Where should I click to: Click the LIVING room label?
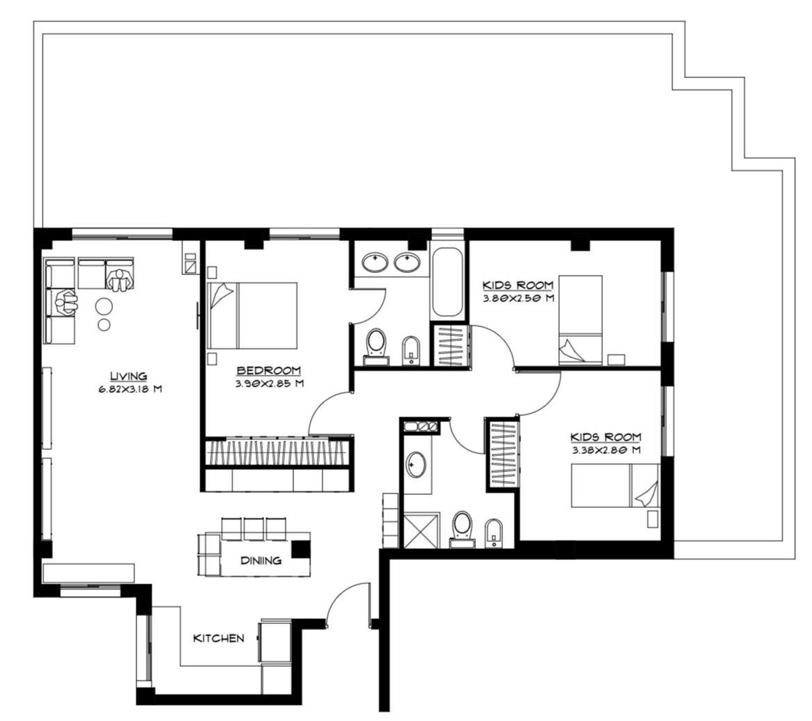click(x=129, y=376)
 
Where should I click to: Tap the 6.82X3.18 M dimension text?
click(x=130, y=389)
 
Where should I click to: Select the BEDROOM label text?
click(x=269, y=371)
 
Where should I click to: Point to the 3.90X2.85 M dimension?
click(x=270, y=383)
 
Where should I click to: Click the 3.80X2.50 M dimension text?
click(x=518, y=299)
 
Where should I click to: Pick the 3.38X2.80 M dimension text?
click(x=606, y=450)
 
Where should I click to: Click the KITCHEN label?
click(x=219, y=638)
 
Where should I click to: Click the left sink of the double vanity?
click(x=375, y=263)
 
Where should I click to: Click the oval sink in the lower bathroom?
click(x=416, y=465)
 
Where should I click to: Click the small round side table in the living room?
click(x=104, y=325)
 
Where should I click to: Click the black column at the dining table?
click(x=300, y=549)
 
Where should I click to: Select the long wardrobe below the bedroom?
click(x=277, y=453)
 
